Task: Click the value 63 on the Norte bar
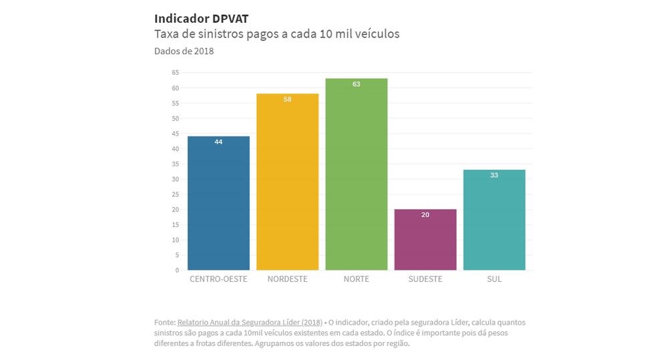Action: [357, 84]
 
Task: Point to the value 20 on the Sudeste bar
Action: [425, 215]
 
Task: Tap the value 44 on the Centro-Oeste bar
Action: [218, 142]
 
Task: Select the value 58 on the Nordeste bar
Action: [287, 100]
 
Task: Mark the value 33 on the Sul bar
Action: [494, 175]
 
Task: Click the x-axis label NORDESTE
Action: [287, 279]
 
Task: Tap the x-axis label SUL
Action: [494, 279]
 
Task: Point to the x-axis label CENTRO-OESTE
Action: [218, 279]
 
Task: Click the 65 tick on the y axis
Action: [176, 72]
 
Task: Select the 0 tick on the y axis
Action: [177, 271]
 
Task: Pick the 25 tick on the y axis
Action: [176, 194]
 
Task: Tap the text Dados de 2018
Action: [184, 51]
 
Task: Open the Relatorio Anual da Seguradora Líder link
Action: [250, 322]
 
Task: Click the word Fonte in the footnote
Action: [164, 322]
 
